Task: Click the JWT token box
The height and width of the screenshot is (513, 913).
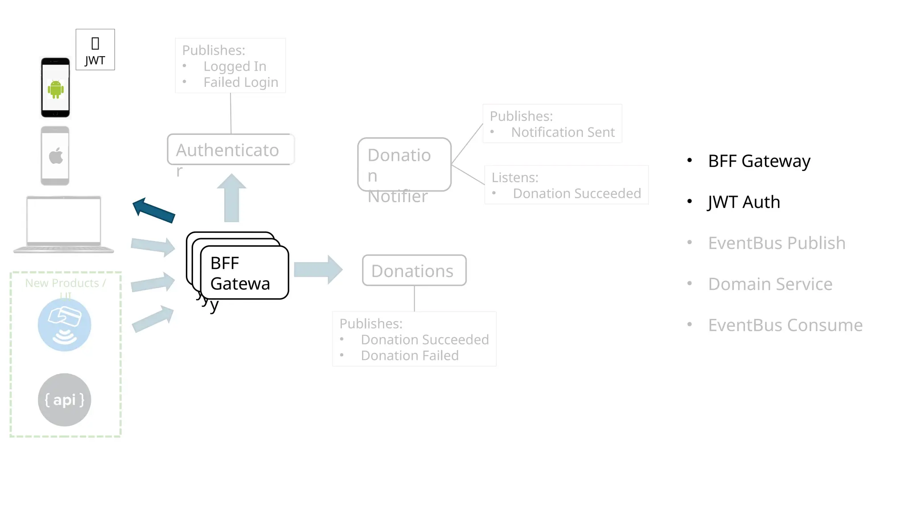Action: [95, 49]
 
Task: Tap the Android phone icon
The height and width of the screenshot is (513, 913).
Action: [55, 88]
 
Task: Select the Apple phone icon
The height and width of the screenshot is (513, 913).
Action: [55, 156]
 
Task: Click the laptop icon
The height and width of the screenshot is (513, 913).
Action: [64, 224]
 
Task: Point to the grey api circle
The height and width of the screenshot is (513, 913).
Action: [65, 399]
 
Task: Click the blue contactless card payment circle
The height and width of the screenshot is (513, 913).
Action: [65, 325]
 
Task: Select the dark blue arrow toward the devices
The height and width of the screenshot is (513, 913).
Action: [153, 210]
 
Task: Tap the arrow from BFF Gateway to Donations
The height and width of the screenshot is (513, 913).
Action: [318, 269]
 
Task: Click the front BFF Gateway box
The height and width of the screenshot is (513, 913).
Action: [244, 273]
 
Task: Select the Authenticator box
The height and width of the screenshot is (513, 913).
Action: [230, 150]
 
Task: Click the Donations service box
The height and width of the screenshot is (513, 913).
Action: [414, 270]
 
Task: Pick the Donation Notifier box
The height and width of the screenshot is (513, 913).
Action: [404, 164]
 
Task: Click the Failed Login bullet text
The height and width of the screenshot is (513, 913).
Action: [241, 82]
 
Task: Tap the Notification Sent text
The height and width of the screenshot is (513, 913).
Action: [563, 132]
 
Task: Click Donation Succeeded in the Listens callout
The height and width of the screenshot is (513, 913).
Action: [577, 194]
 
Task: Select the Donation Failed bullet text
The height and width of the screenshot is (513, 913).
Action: [410, 356]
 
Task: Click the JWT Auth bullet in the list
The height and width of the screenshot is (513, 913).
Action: [744, 202]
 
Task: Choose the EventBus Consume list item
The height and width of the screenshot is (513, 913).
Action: [785, 325]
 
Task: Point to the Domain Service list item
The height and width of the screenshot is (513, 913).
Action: [770, 284]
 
